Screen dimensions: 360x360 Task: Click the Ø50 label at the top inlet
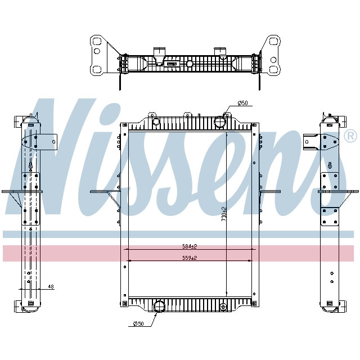243,103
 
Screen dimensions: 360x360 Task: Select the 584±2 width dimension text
189,246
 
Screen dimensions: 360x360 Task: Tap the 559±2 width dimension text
189,258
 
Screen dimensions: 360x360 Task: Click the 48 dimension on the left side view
51,287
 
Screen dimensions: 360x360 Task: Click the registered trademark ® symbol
350,136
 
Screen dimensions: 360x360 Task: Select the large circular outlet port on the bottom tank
159,307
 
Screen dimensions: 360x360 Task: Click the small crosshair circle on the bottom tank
223,307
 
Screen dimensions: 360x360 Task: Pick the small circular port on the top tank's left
151,120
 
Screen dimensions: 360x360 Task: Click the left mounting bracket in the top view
99,55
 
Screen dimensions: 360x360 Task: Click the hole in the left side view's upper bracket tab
53,141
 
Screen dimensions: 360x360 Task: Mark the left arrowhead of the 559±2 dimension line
130,260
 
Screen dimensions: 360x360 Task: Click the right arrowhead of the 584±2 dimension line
252,249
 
